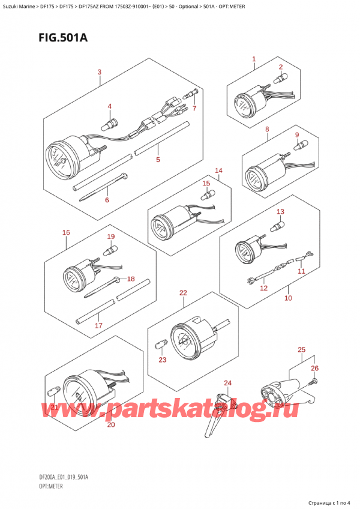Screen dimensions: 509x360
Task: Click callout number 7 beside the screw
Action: (x=194, y=108)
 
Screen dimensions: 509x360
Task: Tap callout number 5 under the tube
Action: (x=158, y=160)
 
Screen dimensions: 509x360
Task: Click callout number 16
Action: (x=66, y=232)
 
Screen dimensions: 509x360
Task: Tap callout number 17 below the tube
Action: (x=99, y=325)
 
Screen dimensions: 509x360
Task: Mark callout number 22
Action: (x=183, y=293)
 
